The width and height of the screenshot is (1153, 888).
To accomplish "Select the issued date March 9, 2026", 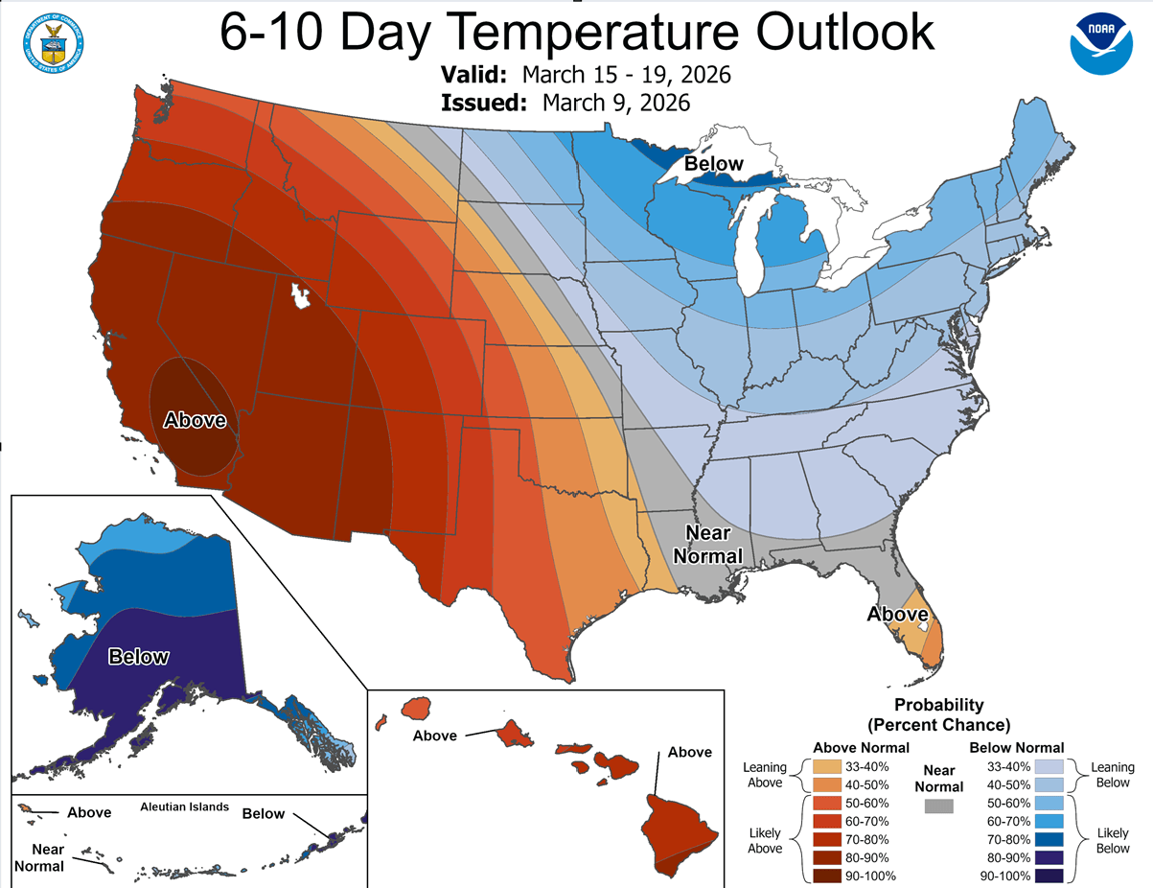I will point(615,103).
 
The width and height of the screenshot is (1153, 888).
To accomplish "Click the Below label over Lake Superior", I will point(713,164).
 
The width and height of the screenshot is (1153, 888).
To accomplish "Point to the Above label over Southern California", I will point(195,420).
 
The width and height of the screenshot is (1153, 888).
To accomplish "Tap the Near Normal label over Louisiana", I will point(708,545).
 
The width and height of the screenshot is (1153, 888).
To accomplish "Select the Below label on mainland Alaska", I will point(138,657).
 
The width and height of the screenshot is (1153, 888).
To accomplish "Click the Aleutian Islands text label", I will point(185,807).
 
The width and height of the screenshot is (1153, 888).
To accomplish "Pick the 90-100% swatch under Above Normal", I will point(825,876).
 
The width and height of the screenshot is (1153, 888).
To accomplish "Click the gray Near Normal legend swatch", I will point(939,807).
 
